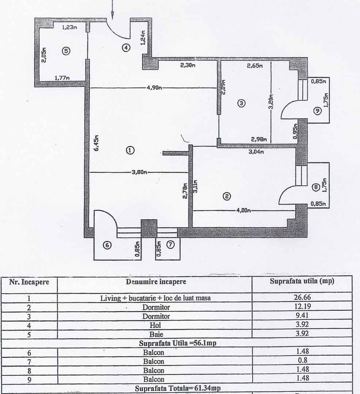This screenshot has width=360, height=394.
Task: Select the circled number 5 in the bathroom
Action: point(66,51)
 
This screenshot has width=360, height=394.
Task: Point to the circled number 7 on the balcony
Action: point(171,245)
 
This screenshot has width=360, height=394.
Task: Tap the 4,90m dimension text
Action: point(155,88)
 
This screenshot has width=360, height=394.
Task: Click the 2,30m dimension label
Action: point(187,66)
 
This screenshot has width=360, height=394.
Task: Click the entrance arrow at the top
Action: point(113,9)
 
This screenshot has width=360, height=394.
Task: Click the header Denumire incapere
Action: point(156,282)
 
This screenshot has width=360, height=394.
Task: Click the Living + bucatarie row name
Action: point(156,298)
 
